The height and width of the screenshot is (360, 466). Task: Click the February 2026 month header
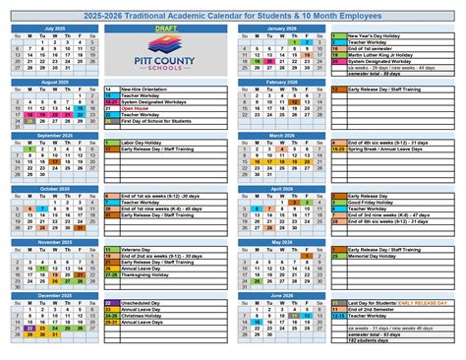click(281, 82)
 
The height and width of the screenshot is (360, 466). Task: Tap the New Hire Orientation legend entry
click(148, 89)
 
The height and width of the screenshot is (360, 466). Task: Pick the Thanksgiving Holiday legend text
click(146, 275)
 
